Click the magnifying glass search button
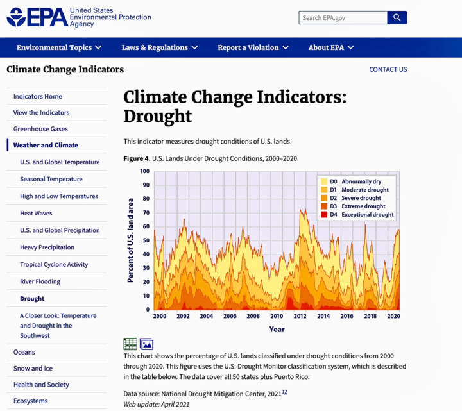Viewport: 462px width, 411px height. tap(397, 18)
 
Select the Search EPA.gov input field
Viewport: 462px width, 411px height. tap(343, 18)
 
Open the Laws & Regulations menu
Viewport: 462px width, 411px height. tap(159, 47)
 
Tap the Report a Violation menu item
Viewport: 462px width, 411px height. tap(253, 47)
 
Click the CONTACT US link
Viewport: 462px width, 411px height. tap(388, 69)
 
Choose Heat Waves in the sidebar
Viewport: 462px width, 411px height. tap(36, 213)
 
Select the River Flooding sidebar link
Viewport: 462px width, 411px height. tap(40, 281)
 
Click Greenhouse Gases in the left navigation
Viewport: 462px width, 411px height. tap(40, 129)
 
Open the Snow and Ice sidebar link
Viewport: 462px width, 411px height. tap(33, 368)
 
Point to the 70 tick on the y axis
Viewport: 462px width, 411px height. tap(146, 213)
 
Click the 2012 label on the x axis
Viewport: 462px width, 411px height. tap(300, 316)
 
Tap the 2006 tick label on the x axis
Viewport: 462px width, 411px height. tap(230, 316)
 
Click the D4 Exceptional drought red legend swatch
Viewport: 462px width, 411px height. tap(324, 215)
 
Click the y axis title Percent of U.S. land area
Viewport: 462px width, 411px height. tap(130, 240)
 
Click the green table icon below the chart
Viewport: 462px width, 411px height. tap(130, 344)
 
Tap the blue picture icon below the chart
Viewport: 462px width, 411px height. tap(146, 344)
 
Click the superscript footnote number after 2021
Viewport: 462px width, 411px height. tap(284, 392)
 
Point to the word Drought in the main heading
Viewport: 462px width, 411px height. tap(158, 116)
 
